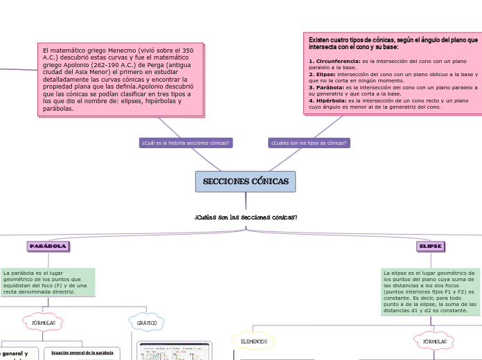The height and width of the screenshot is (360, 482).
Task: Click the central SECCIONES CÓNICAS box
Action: [x=245, y=181]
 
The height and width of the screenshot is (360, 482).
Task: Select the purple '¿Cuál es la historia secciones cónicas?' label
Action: [x=186, y=143]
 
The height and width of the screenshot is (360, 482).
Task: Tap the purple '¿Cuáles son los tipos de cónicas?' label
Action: [x=309, y=143]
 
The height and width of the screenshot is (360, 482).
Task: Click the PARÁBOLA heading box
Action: [x=48, y=246]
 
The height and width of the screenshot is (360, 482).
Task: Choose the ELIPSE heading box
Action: [x=430, y=246]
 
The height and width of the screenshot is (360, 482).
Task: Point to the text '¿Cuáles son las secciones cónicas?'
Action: [x=246, y=217]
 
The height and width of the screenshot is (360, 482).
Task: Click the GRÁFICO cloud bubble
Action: [x=147, y=323]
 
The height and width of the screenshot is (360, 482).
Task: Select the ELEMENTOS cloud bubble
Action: [x=253, y=341]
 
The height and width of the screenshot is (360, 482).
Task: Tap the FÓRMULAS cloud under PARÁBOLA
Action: [x=44, y=323]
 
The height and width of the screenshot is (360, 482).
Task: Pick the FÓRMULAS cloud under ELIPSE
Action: [x=434, y=341]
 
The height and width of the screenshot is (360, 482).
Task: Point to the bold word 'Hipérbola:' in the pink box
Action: [x=329, y=100]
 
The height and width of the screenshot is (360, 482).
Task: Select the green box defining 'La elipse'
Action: [x=429, y=291]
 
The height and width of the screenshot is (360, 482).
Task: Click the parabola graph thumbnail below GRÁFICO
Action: [x=166, y=352]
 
